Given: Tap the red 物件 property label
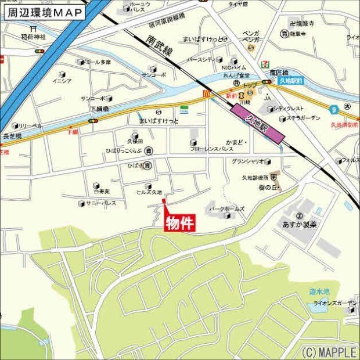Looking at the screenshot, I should click(180, 224).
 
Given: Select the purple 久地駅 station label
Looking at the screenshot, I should click(258, 124).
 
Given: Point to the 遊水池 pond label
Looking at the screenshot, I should click(319, 292).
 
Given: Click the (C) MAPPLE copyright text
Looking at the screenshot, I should click(328, 352).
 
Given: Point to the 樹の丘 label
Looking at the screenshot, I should click(269, 187).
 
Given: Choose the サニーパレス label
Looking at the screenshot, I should click(101, 203).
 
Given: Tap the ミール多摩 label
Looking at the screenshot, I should click(97, 62).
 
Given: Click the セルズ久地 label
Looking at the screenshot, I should click(149, 192).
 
